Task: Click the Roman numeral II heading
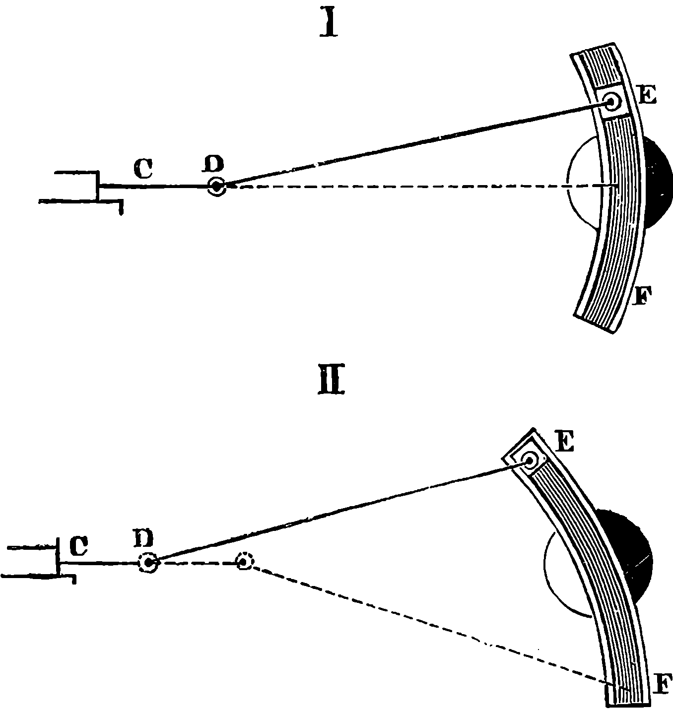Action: point(331,383)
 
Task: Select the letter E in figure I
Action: point(647,94)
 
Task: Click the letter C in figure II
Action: point(78,546)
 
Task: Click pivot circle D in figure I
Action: point(216,187)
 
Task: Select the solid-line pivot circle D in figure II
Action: point(148,563)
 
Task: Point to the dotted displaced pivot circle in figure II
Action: point(244,561)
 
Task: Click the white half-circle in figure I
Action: point(581,184)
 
